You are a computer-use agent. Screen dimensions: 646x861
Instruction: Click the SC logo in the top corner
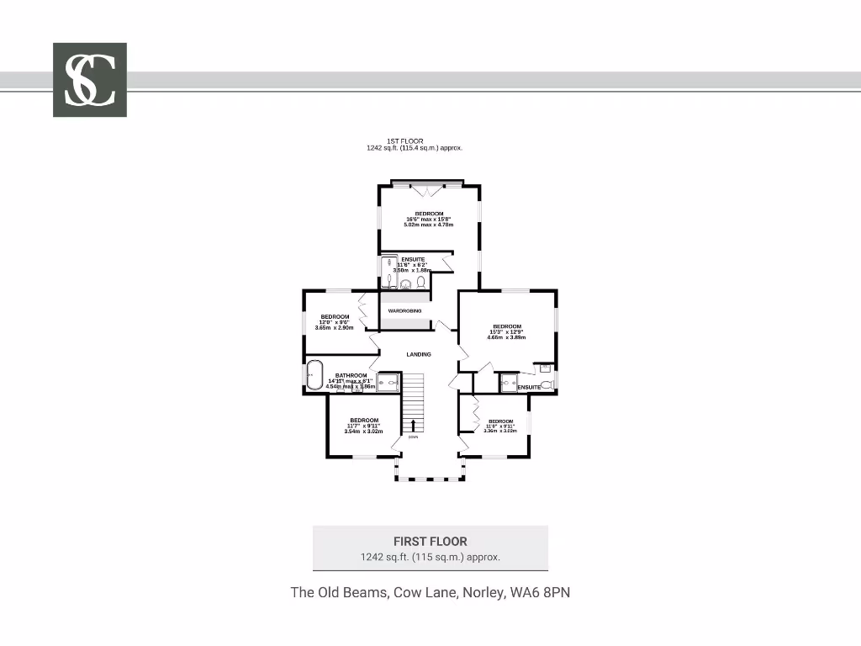[x=90, y=79]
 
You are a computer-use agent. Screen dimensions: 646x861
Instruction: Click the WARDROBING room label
[x=404, y=311]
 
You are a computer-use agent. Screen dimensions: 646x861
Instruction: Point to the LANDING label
[x=419, y=355]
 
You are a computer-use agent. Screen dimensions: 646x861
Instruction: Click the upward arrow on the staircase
[x=413, y=425]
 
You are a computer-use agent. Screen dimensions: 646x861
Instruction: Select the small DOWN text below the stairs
[x=413, y=437]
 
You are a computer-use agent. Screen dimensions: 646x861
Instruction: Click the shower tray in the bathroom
[x=388, y=384]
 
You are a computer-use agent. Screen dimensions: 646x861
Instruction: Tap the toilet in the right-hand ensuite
[x=547, y=385]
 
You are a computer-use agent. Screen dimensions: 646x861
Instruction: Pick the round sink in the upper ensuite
[x=405, y=284]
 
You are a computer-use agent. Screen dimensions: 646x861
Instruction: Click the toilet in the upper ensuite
[x=420, y=283]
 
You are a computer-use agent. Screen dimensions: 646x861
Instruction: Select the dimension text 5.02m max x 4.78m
[x=429, y=225]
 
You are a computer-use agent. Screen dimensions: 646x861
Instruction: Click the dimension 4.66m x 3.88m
[x=507, y=337]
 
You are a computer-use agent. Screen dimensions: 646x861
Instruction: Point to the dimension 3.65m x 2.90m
[x=335, y=328]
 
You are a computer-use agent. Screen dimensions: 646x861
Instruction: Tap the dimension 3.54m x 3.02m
[x=364, y=432]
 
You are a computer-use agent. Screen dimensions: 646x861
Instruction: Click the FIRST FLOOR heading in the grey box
[x=430, y=542]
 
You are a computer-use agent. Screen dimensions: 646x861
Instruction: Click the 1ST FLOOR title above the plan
[x=405, y=140]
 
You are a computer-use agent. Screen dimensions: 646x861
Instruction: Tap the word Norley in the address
[x=483, y=592]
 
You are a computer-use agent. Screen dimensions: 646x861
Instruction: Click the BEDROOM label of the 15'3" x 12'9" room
[x=507, y=326]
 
